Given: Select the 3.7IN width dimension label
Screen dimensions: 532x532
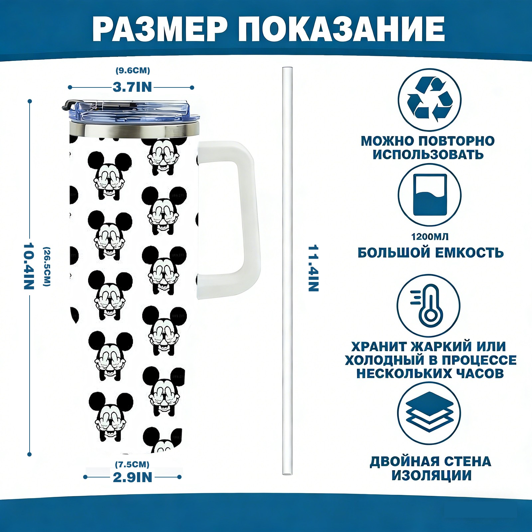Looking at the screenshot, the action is (132, 87).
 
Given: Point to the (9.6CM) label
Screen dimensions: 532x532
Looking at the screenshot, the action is (133, 70).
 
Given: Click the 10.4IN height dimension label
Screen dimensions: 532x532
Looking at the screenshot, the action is (29, 266).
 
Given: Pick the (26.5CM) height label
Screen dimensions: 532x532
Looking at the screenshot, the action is (47, 266).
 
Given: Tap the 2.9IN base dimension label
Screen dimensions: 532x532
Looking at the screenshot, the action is (132, 477).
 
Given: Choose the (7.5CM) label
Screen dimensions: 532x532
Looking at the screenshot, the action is (132, 464).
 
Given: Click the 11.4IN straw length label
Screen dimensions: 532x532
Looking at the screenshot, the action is (313, 268).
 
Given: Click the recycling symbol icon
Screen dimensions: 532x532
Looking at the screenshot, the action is (430, 99).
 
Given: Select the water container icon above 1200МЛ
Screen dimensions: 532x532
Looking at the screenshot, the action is (430, 195).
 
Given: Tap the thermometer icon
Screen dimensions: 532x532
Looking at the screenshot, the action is (428, 305).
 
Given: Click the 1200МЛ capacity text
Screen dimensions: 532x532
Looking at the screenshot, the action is (430, 237).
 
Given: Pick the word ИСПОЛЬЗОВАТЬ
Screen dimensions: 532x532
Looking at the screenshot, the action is (428, 155).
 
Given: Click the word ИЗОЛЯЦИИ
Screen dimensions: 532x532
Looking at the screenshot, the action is (431, 475).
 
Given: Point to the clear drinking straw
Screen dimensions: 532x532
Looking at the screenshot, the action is (287, 271).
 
